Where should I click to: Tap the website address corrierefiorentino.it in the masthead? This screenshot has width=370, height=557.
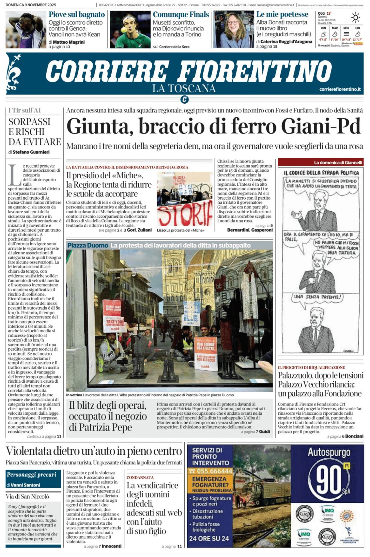(x=340, y=89)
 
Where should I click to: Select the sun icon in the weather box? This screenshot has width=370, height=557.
(x=356, y=17)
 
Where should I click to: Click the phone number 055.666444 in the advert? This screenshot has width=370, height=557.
(x=211, y=471)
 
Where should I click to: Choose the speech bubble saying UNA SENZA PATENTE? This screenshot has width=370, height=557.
(x=318, y=297)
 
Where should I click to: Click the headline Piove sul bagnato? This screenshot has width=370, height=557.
(x=77, y=15)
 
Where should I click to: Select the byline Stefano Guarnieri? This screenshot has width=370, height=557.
(x=31, y=152)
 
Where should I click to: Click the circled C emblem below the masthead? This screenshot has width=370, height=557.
(x=185, y=99)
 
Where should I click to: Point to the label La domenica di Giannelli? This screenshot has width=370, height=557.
(x=338, y=163)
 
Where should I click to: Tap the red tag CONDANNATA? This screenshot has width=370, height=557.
(x=140, y=477)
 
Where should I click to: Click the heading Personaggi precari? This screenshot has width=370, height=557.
(x=31, y=475)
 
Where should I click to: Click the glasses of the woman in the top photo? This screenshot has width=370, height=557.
(x=233, y=23)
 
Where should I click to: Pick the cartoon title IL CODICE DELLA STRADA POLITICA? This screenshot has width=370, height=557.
(x=321, y=173)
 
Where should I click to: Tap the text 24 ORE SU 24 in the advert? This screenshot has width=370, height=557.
(x=209, y=539)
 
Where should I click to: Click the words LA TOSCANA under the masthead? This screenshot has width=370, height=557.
(x=184, y=88)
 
